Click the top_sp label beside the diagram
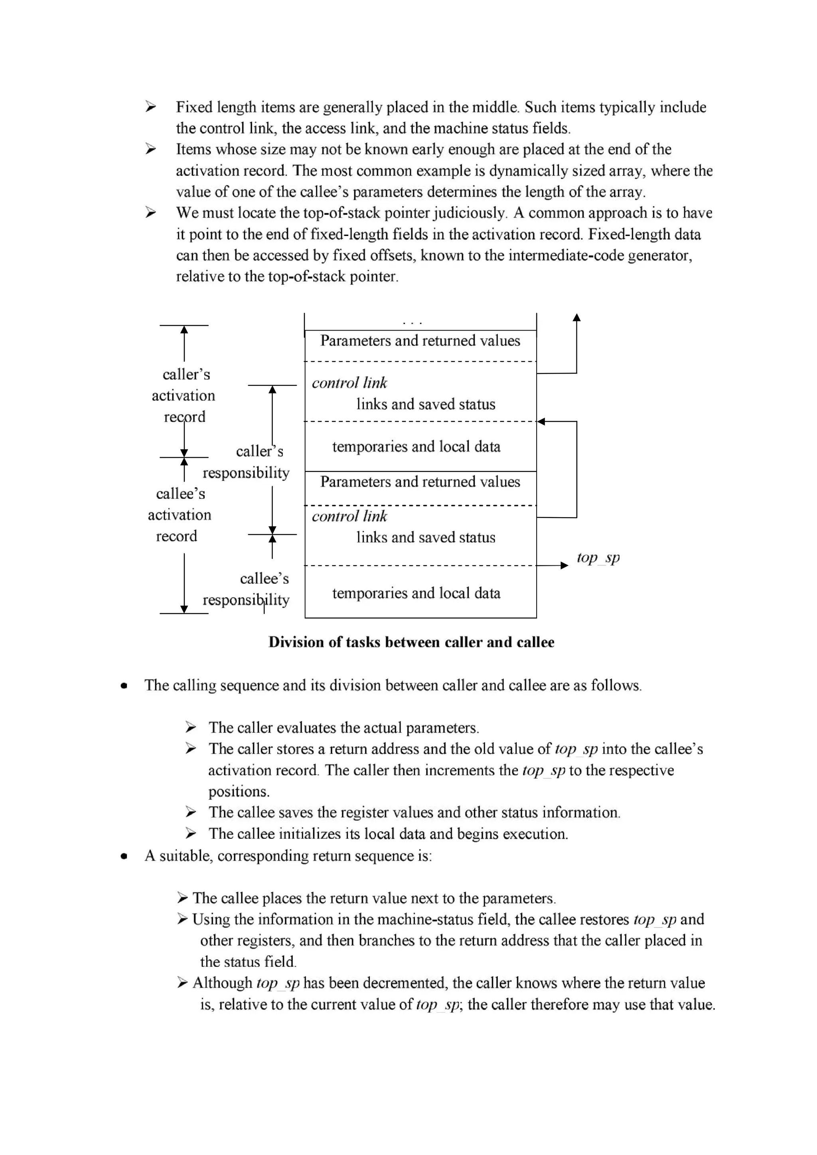(598, 558)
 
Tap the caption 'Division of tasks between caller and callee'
(411, 642)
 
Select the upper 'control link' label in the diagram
(349, 383)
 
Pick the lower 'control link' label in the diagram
(349, 517)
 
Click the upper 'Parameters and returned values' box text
(420, 341)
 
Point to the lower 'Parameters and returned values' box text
(420, 482)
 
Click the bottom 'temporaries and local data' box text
(416, 594)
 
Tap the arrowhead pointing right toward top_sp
(564, 565)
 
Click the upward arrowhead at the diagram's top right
(577, 317)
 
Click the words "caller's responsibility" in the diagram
(246, 462)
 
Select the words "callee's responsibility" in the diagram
(246, 589)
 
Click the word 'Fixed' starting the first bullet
(194, 108)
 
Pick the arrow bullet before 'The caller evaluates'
(190, 728)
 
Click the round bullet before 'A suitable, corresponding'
(124, 856)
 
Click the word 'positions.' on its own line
(239, 791)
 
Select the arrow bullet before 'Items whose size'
(150, 150)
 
